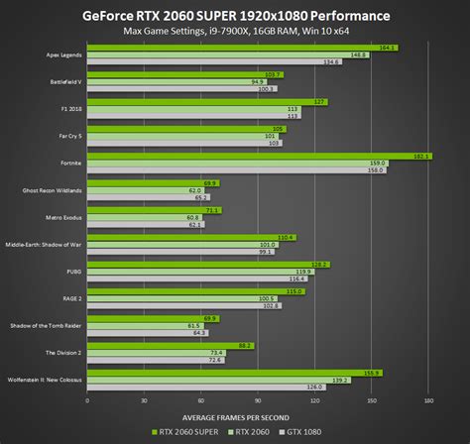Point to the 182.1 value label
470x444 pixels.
pyautogui.click(x=421, y=156)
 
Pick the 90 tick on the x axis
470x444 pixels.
pyautogui.click(x=258, y=401)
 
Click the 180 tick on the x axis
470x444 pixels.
pyautogui.click(x=428, y=401)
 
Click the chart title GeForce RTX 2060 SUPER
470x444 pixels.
pyautogui.click(x=235, y=16)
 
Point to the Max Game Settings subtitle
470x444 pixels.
pyautogui.click(x=235, y=33)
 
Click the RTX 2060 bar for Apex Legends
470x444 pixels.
pyautogui.click(x=228, y=55)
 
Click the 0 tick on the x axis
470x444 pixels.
pyautogui.click(x=87, y=401)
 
